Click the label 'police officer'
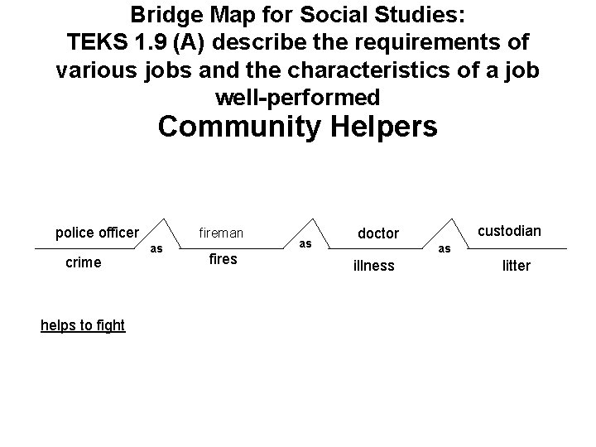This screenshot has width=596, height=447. coord(97,232)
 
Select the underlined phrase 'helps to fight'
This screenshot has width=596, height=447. coord(83,325)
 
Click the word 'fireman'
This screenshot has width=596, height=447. coord(220,233)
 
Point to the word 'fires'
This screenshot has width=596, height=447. coord(223,259)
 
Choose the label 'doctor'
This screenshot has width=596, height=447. coord(377,234)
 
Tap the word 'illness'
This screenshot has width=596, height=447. coord(373,266)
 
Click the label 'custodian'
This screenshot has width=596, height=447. coord(510,231)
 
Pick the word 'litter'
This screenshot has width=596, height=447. coord(517,266)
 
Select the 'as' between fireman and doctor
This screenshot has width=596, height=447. coord(305,243)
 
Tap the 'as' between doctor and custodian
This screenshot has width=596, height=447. coord(445,248)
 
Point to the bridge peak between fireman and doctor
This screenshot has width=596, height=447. coord(313,220)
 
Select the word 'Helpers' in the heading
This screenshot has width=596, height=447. coord(385,127)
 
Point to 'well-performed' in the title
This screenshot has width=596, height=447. coord(298,98)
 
